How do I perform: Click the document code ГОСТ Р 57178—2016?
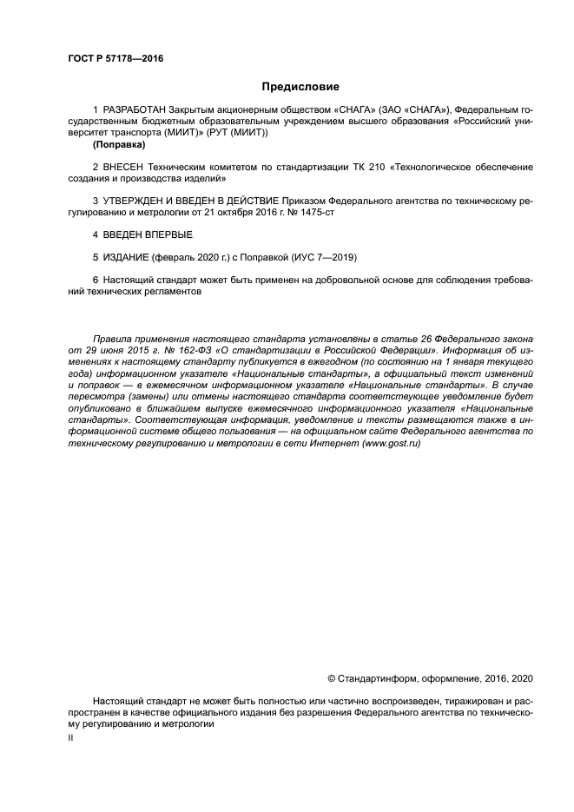[115, 59]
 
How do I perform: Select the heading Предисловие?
[300, 87]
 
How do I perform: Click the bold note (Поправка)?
[119, 145]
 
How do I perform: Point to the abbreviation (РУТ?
[221, 134]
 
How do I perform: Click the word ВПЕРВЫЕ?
[170, 235]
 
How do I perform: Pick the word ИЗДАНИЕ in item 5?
[126, 258]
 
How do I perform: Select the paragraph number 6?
[95, 281]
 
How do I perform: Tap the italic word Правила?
[112, 338]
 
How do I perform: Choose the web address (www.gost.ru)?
[389, 443]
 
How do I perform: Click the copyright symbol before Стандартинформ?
[331, 677]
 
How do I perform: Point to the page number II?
[71, 736]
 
